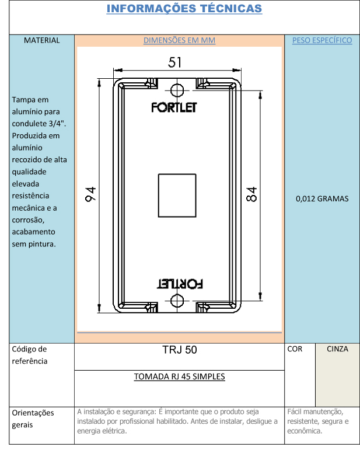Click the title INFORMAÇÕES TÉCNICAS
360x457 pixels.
pyautogui.click(x=184, y=8)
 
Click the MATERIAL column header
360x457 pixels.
pyautogui.click(x=41, y=40)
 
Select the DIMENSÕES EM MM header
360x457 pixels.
pyautogui.click(x=180, y=40)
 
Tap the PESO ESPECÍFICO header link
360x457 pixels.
pyautogui.click(x=322, y=40)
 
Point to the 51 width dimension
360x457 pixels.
pyautogui.click(x=175, y=62)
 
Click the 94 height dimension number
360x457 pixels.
pyautogui.click(x=90, y=194)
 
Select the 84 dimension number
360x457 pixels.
pyautogui.click(x=251, y=194)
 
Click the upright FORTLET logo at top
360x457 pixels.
pyautogui.click(x=174, y=107)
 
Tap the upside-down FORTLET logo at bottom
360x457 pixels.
pyautogui.click(x=180, y=284)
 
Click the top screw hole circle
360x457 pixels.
pyautogui.click(x=177, y=90)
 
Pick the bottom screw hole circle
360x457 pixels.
pyautogui.click(x=177, y=301)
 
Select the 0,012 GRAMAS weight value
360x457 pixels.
pyautogui.click(x=322, y=199)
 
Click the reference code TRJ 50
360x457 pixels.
pyautogui.click(x=180, y=350)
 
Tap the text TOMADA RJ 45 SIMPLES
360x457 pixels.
pyautogui.click(x=180, y=376)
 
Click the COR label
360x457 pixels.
pyautogui.click(x=295, y=349)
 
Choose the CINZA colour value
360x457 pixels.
pyautogui.click(x=337, y=349)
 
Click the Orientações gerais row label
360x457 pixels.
pyautogui.click(x=33, y=419)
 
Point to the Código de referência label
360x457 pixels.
pyautogui.click(x=29, y=355)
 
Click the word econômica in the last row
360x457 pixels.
pyautogui.click(x=305, y=431)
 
